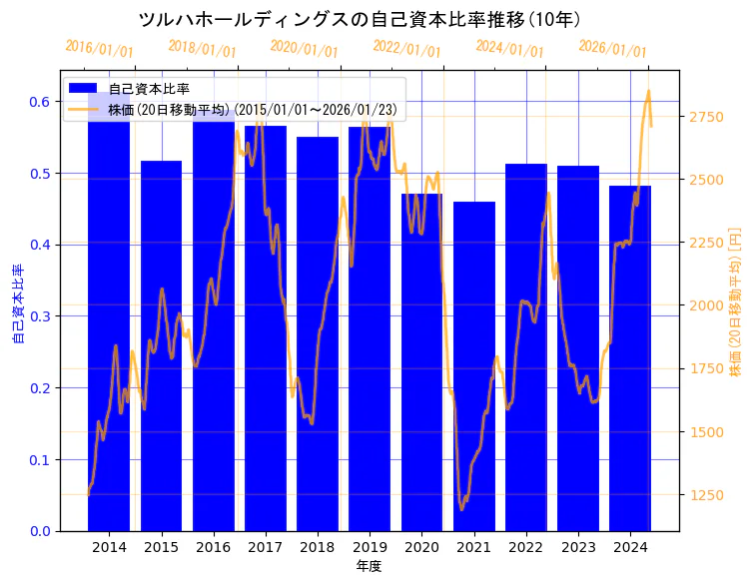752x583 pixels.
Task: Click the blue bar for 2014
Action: [x=109, y=319]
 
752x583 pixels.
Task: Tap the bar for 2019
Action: [x=370, y=329]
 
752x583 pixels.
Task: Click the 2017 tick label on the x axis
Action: [x=265, y=548]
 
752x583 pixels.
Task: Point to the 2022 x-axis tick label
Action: [x=525, y=548]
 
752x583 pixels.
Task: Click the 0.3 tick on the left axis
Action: [x=39, y=316]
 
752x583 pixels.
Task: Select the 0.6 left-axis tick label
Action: [x=39, y=102]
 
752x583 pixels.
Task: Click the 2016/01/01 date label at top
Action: [x=99, y=49]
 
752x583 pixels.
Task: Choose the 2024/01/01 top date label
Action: [x=509, y=49]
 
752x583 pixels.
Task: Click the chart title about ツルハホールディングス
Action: [x=360, y=20]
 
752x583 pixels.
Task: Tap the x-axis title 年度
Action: [x=369, y=566]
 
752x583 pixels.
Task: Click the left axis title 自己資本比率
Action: [x=17, y=303]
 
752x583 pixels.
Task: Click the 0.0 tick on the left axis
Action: [x=39, y=531]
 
